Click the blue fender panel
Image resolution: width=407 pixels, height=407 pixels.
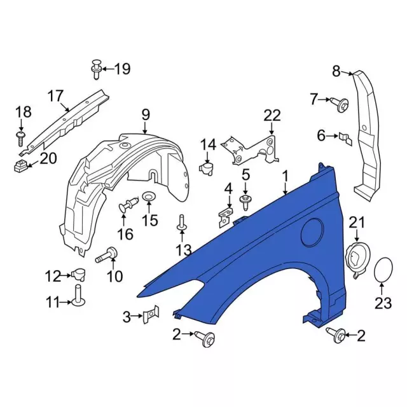click(254, 254)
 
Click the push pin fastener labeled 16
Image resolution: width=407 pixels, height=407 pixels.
click(128, 207)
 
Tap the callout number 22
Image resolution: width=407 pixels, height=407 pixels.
click(272, 115)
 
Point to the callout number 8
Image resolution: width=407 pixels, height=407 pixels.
click(336, 71)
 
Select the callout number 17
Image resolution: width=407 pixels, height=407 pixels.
click(55, 97)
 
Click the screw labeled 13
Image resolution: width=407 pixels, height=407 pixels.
click(181, 223)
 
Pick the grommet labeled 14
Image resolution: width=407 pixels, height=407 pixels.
click(207, 168)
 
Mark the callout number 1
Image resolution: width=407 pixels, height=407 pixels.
click(286, 175)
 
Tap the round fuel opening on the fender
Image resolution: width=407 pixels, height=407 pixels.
click(314, 230)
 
